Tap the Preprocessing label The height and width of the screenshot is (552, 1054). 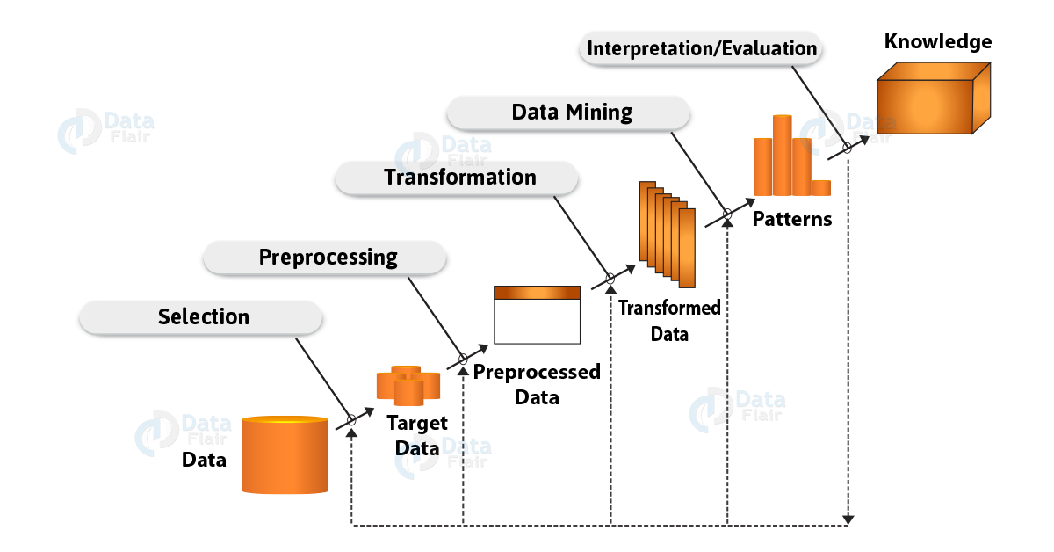pos(327,258)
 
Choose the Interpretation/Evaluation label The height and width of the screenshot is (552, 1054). pos(701,48)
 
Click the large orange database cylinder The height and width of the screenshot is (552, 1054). pos(285,455)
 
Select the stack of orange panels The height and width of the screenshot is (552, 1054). pos(668,233)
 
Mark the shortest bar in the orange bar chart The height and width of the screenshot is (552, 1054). pos(821,187)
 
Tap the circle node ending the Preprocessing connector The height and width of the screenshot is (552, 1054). pos(463,360)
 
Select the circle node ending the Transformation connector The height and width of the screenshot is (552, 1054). pos(610,280)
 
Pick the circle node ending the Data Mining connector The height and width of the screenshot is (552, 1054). pos(727,213)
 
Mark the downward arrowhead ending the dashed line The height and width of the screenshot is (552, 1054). pos(848,520)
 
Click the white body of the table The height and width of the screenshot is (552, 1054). pos(538,322)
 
